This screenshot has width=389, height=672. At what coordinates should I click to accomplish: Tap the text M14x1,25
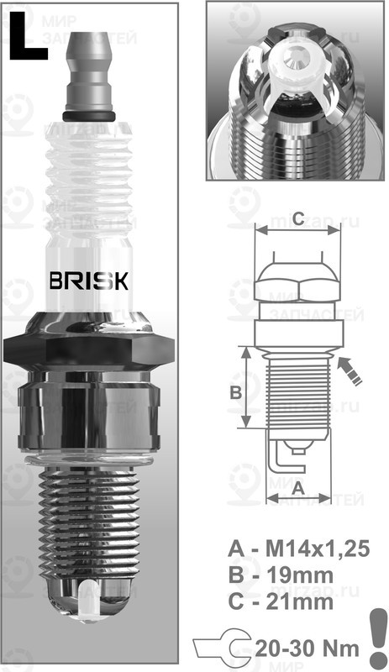[x=317, y=549]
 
